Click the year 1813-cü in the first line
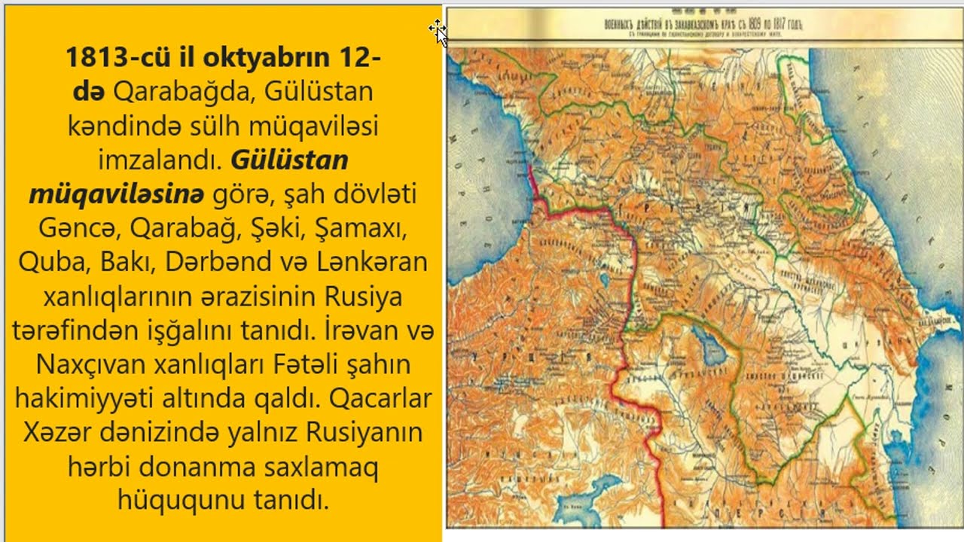pyautogui.click(x=111, y=58)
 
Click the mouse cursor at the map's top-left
pyautogui.click(x=438, y=30)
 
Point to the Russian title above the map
pyautogui.click(x=704, y=25)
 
